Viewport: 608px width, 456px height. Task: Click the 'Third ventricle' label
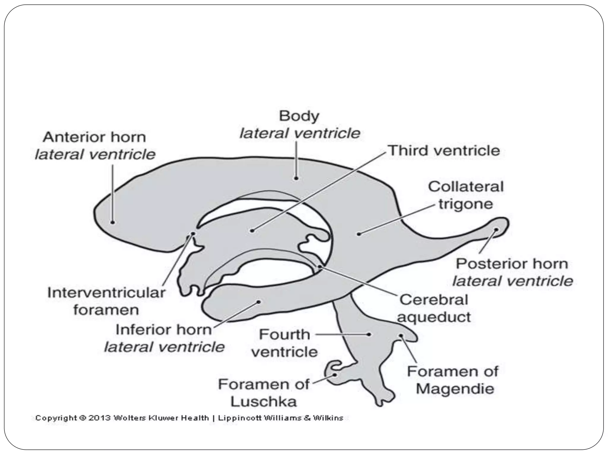(x=444, y=151)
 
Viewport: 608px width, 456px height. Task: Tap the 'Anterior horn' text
(x=94, y=137)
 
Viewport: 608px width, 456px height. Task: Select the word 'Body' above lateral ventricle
(x=299, y=116)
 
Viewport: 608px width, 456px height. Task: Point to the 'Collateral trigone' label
(x=466, y=195)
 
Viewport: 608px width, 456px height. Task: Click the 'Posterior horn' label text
(x=512, y=264)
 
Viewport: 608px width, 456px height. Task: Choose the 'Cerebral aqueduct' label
(x=434, y=308)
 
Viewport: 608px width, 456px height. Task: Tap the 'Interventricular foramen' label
(x=106, y=301)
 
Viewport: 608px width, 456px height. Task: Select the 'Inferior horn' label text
(x=164, y=330)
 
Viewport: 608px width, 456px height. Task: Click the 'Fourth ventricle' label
(x=284, y=343)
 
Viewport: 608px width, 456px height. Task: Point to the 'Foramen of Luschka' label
(x=264, y=393)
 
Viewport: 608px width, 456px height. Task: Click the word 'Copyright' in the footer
(x=56, y=418)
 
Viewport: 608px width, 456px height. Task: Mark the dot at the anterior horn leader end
(x=113, y=222)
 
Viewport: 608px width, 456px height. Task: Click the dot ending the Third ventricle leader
(x=252, y=230)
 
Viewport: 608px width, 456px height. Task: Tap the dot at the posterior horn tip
(x=496, y=229)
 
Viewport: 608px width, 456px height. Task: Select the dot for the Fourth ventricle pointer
(x=369, y=334)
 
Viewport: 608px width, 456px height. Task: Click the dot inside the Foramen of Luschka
(x=335, y=375)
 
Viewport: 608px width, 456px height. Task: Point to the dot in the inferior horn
(x=259, y=302)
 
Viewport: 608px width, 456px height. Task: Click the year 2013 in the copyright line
(x=99, y=418)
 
